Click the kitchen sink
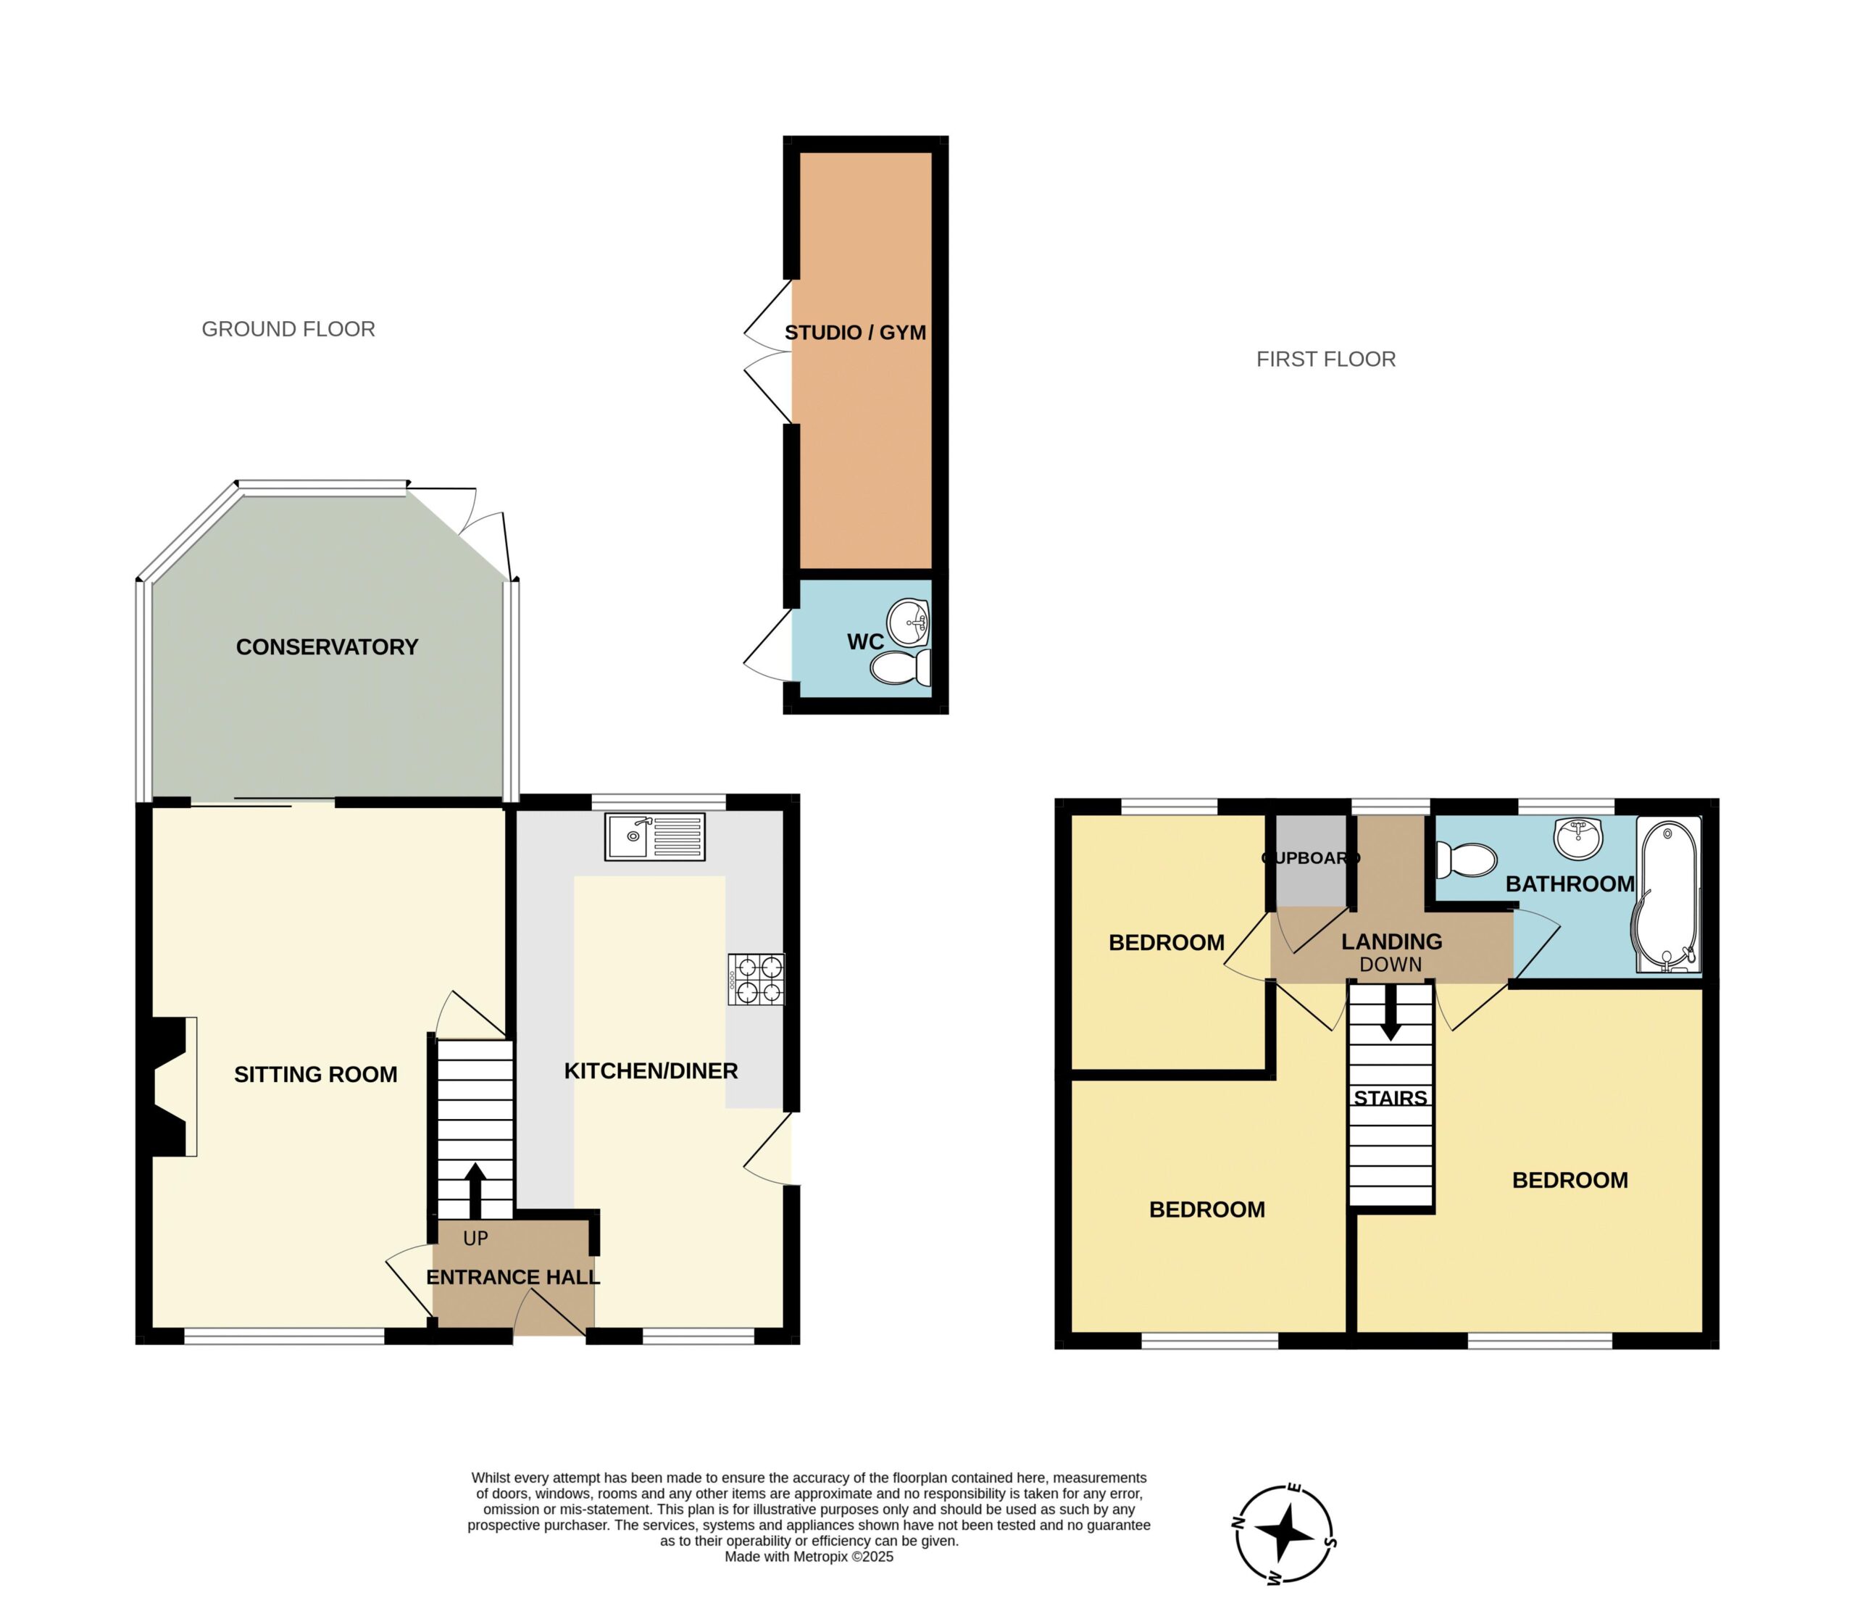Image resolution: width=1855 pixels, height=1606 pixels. click(x=654, y=836)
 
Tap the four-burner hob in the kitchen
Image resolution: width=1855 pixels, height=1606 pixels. click(x=756, y=978)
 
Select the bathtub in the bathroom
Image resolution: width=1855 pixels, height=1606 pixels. click(x=1668, y=894)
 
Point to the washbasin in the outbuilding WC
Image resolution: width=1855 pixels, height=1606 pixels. click(x=909, y=622)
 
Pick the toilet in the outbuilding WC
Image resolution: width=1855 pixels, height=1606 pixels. click(x=901, y=667)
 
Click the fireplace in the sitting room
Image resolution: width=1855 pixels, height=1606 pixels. click(x=167, y=1086)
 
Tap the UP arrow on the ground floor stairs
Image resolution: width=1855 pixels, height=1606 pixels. click(x=475, y=1191)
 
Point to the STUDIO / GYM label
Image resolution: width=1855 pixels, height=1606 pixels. click(x=855, y=333)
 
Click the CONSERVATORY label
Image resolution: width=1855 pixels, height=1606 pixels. click(x=327, y=647)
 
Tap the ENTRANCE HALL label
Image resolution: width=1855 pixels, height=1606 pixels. click(x=512, y=1277)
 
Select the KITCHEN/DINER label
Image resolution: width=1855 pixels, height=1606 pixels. click(x=651, y=1071)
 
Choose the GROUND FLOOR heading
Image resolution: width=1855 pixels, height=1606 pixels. click(x=288, y=329)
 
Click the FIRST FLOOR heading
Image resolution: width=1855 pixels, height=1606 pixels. click(x=1326, y=359)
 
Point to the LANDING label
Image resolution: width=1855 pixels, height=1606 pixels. click(x=1392, y=942)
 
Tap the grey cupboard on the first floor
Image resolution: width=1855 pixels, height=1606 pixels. click(x=1311, y=860)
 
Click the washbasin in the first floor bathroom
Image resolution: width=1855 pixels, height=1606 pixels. click(x=1578, y=838)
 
